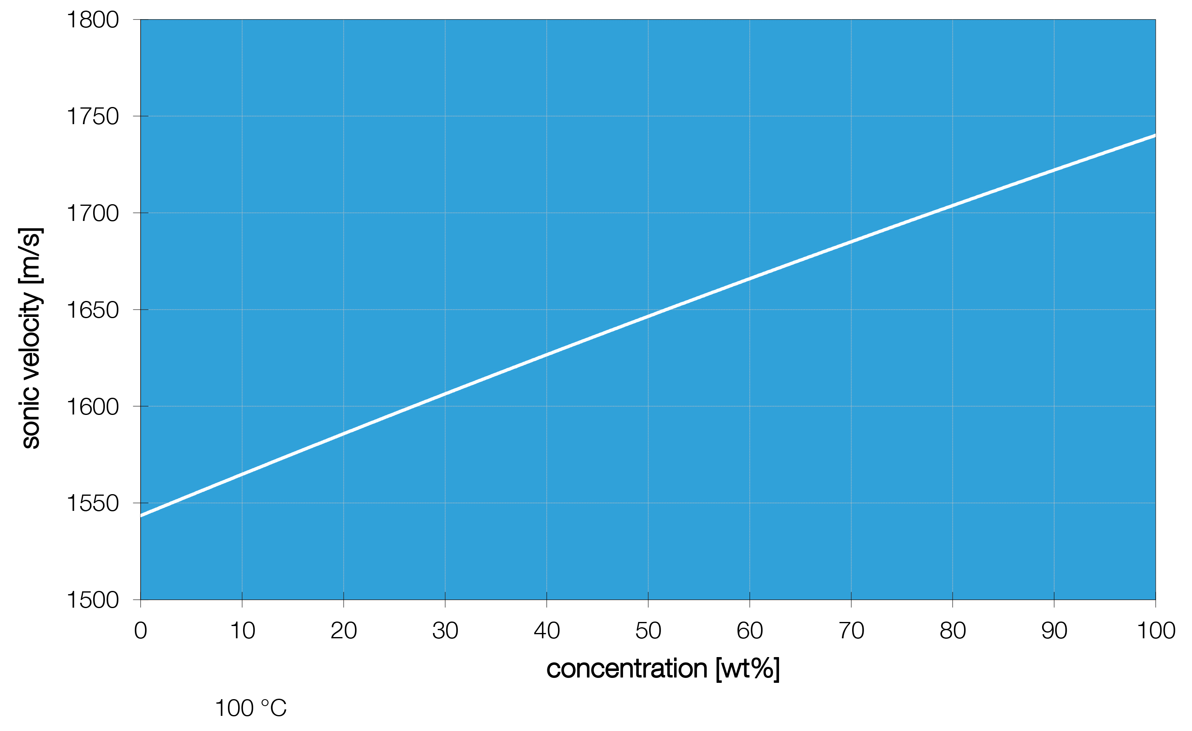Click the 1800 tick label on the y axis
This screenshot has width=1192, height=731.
[92, 20]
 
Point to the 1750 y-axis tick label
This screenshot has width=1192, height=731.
[92, 116]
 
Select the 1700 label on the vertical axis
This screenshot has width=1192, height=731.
[92, 213]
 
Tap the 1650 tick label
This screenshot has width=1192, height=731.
[92, 310]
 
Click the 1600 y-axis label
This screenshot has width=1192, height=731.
[92, 407]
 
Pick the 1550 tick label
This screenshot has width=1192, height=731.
[92, 503]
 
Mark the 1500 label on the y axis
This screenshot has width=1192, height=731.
[92, 600]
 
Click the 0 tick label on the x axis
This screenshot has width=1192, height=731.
[140, 631]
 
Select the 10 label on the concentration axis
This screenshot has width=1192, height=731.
[242, 631]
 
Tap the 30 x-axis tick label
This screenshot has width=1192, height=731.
[445, 631]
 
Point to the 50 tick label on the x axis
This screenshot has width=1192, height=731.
[648, 631]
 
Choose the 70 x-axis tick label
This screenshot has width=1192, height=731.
[851, 631]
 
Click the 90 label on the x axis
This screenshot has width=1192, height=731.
[1054, 631]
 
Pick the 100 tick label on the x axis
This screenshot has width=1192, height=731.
[1156, 631]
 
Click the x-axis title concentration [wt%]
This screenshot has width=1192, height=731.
[663, 669]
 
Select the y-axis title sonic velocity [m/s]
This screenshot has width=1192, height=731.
[31, 339]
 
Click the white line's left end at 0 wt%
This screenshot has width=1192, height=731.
[141, 516]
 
